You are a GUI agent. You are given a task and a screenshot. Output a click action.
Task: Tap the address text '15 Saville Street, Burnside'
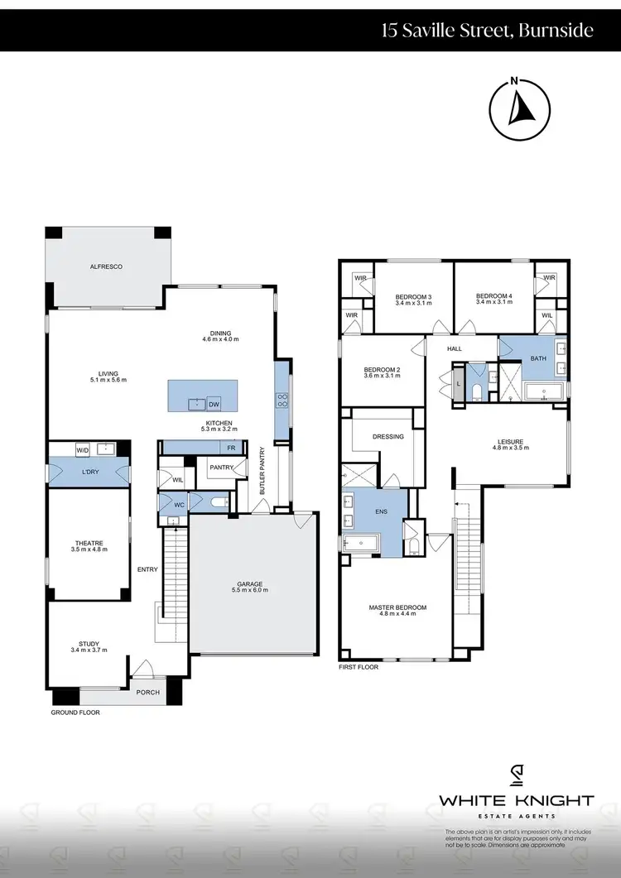487,31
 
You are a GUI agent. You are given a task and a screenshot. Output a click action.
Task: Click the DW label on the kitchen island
214,404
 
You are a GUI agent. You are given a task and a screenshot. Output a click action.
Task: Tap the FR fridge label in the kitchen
232,447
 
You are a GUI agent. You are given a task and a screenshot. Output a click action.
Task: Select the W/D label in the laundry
82,449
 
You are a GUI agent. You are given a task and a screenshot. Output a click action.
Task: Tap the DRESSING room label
388,436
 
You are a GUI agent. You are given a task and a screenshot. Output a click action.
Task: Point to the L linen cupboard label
458,384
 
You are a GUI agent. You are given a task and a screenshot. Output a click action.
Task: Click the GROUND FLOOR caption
75,712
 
